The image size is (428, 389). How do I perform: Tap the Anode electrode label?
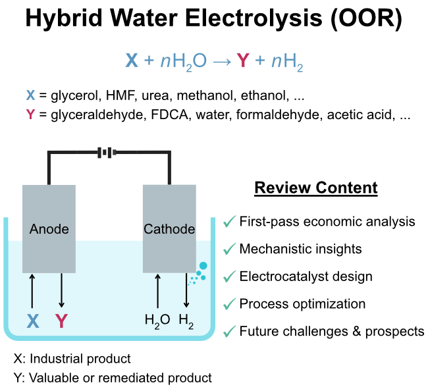click(x=49, y=229)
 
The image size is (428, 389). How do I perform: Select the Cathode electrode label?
click(x=169, y=229)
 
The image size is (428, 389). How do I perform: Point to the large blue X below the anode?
click(x=33, y=321)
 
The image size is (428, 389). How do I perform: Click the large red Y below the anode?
click(x=61, y=321)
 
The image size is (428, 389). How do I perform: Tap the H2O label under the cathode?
click(x=157, y=321)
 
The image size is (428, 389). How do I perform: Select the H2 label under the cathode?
click(x=187, y=321)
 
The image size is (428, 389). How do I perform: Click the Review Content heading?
click(x=316, y=188)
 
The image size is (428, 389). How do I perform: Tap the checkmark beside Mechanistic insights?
click(x=229, y=249)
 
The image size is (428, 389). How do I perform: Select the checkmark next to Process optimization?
click(x=229, y=304)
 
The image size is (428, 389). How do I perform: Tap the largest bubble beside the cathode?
click(x=203, y=265)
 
